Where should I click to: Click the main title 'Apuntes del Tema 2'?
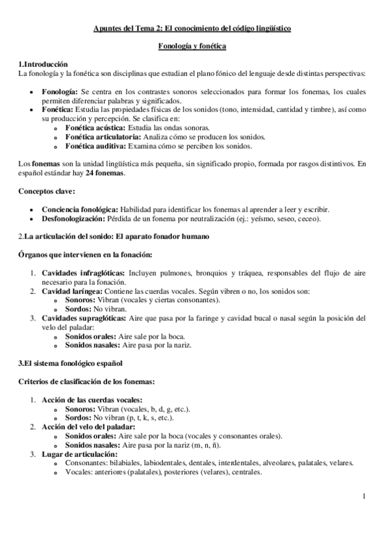click(x=192, y=29)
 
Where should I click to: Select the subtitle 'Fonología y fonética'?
click(x=192, y=47)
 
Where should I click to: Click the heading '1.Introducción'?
click(x=43, y=64)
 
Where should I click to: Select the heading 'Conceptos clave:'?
click(x=47, y=192)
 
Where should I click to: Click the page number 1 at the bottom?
click(x=364, y=498)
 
